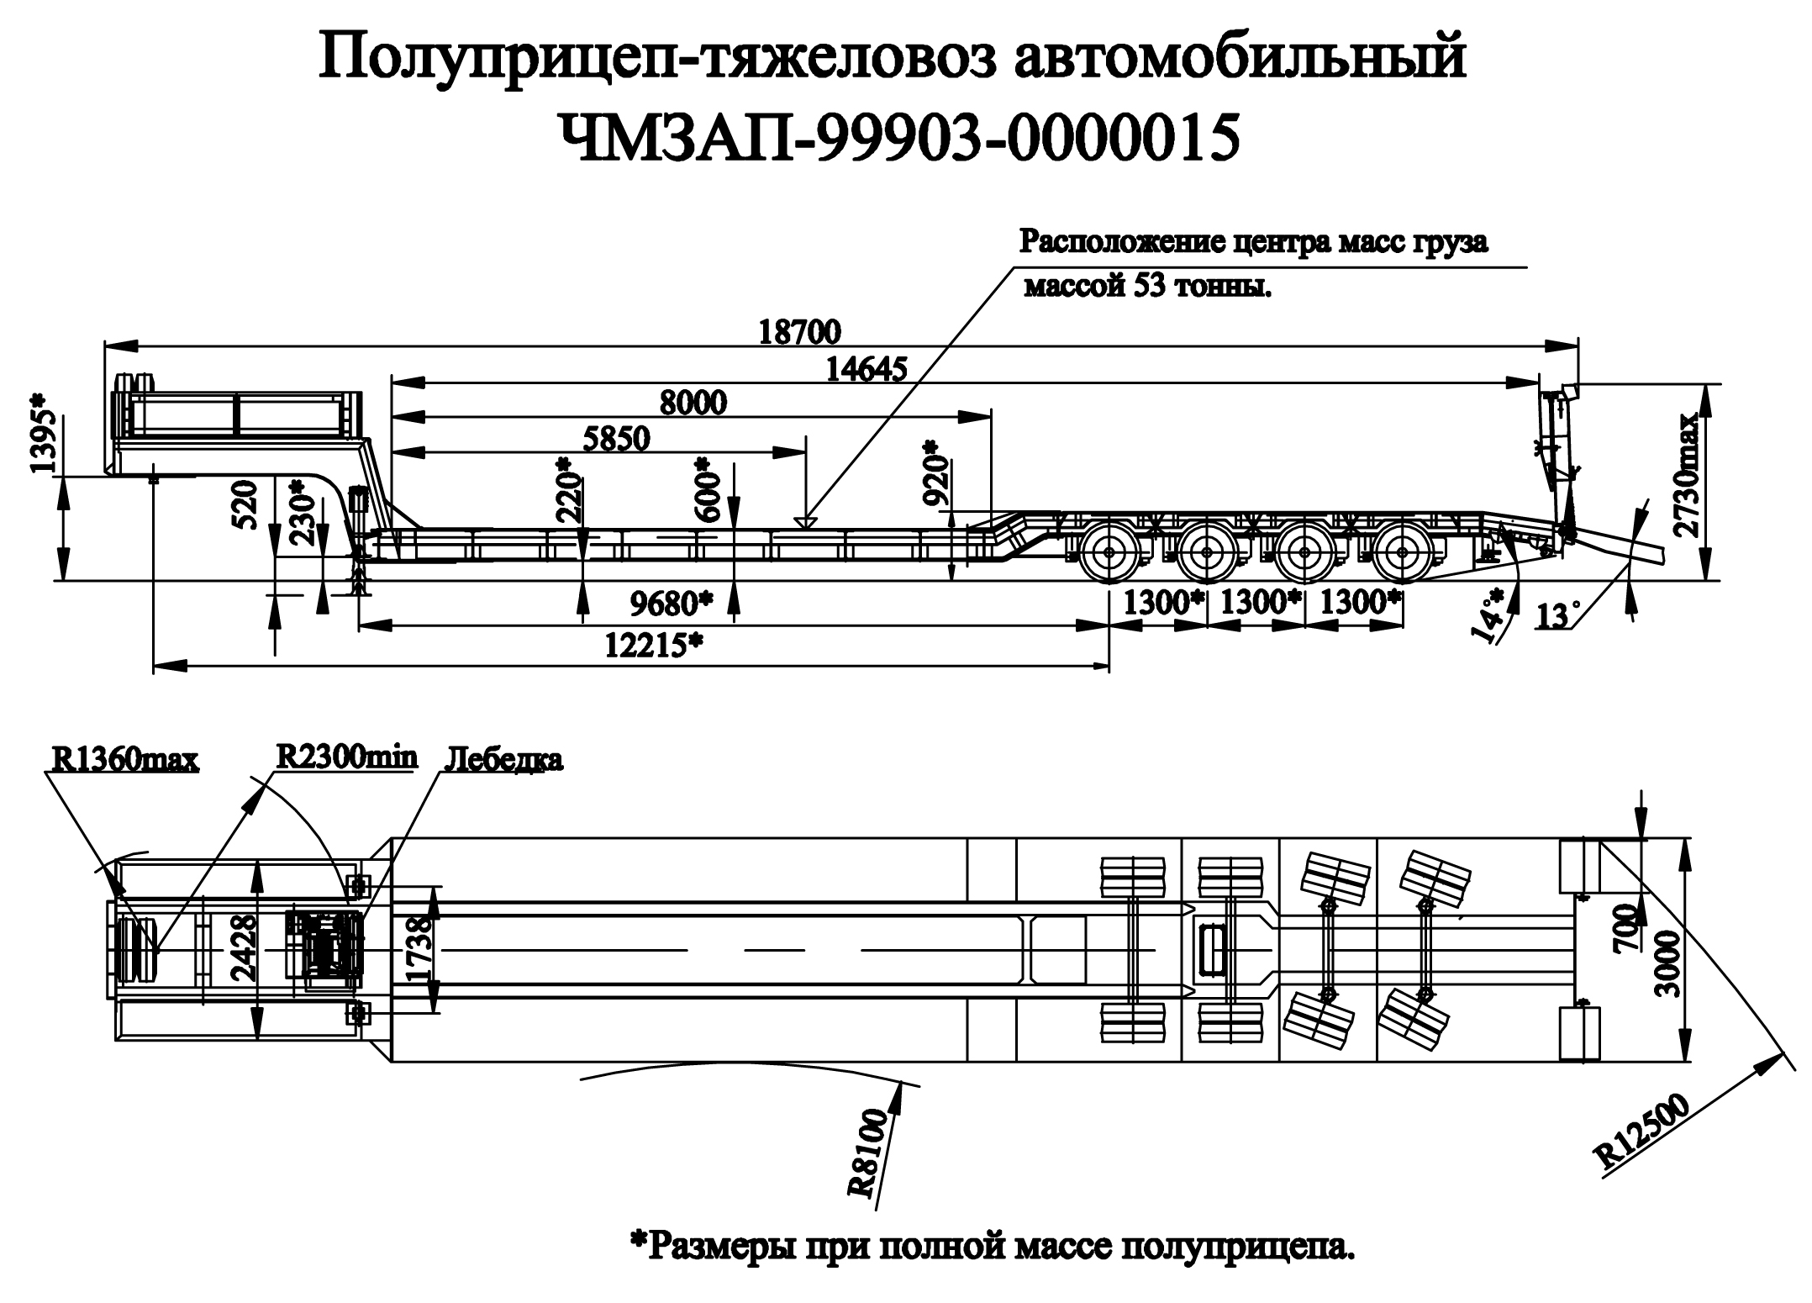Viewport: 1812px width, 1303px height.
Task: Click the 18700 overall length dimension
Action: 799,333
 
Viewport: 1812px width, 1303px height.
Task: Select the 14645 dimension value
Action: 866,370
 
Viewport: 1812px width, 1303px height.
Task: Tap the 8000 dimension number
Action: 693,404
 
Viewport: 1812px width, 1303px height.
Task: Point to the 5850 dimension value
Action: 616,439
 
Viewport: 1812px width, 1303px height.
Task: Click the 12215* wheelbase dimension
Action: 653,645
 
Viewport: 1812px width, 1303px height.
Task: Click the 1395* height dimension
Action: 45,431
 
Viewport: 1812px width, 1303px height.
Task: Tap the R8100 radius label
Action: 868,1153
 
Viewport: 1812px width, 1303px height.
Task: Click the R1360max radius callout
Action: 125,760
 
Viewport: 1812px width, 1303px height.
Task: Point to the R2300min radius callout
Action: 347,757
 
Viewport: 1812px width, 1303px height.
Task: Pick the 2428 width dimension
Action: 241,949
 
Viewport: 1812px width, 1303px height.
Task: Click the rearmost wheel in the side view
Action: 1402,551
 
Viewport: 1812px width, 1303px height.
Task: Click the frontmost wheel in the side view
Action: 1109,551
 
